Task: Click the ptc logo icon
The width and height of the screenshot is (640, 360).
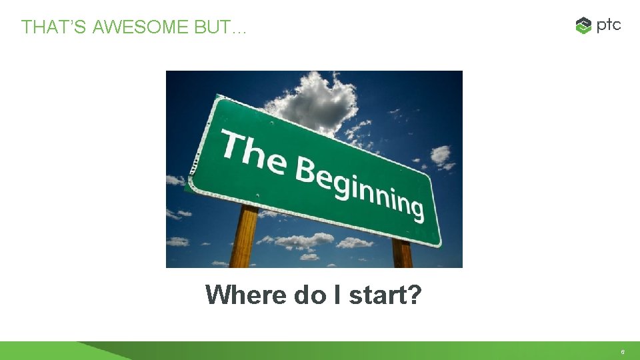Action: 583,26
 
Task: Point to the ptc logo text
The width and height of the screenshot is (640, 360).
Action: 609,25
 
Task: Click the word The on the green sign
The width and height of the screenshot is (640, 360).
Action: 253,151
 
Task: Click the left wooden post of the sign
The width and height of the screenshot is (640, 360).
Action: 244,237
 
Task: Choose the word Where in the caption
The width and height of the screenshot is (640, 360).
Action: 246,294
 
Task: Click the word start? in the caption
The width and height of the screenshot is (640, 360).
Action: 385,294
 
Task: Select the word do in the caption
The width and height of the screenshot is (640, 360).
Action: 309,294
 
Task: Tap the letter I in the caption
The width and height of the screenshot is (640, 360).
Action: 337,294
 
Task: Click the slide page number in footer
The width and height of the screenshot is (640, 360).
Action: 622,351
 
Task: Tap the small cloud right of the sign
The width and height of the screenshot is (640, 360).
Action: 441,157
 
